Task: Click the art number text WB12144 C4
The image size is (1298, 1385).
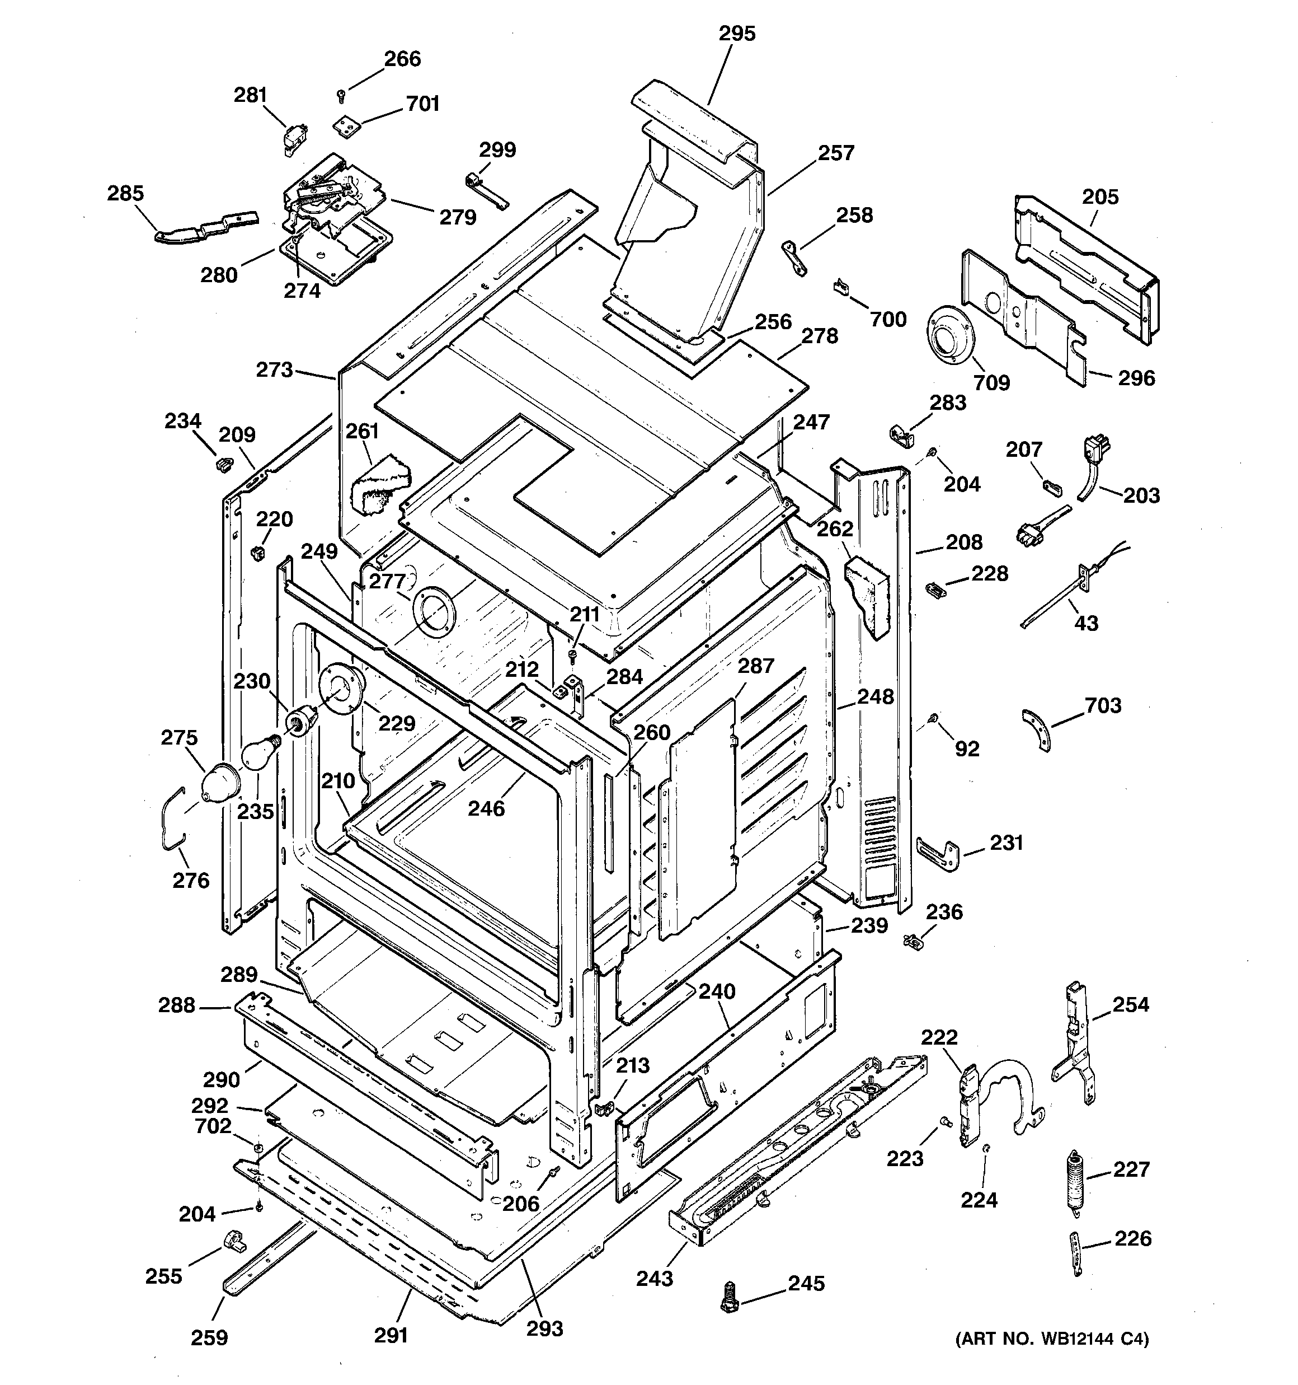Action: tap(1051, 1339)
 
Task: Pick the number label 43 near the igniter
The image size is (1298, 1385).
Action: tap(1085, 623)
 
